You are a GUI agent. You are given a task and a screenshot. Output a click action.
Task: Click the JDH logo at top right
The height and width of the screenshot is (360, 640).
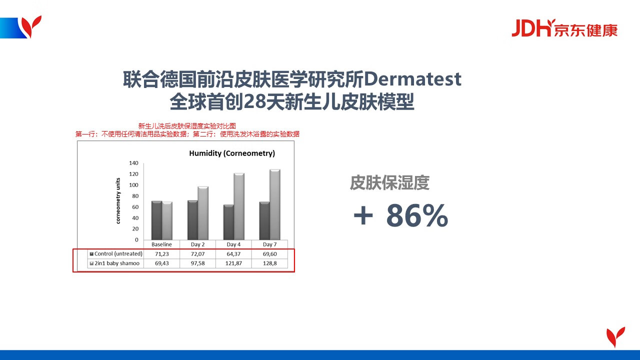564,28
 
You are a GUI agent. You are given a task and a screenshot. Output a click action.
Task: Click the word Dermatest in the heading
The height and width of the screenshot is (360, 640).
412,79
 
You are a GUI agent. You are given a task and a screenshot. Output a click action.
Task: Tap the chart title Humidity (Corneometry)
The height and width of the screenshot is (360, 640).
232,153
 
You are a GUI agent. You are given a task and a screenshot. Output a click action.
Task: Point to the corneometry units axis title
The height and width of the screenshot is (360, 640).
118,201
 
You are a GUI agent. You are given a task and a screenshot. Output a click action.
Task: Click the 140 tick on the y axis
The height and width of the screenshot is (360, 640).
133,163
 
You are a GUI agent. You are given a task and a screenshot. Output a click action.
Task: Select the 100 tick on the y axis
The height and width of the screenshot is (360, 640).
133,185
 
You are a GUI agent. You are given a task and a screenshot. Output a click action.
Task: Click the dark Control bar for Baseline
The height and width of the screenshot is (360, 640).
156,220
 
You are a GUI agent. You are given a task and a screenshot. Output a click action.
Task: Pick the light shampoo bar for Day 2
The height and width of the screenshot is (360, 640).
203,213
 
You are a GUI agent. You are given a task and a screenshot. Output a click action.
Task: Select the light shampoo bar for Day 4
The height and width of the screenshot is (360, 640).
239,206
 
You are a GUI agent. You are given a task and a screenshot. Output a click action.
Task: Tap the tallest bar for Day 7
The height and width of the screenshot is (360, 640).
275,204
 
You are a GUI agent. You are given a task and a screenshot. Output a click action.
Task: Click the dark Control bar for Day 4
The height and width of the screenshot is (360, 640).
228,222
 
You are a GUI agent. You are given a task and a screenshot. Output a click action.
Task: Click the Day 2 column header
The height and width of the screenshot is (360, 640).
197,244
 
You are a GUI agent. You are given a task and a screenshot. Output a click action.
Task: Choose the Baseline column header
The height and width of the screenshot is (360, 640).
161,244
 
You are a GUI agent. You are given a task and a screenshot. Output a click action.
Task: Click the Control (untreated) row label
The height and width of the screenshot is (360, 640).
116,253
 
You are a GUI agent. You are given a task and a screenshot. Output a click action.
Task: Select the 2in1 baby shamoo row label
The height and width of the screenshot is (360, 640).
114,263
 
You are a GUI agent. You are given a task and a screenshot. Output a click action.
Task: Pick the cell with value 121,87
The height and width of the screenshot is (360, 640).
233,263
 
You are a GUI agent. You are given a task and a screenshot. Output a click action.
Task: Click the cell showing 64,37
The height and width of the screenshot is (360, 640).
233,253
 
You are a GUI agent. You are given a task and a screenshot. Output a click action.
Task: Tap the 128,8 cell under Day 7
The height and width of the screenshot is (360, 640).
269,263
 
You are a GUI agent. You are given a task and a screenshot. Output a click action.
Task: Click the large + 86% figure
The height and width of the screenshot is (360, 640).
400,215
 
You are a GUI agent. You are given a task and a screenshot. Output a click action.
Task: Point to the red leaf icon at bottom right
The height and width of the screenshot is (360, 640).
615,337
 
